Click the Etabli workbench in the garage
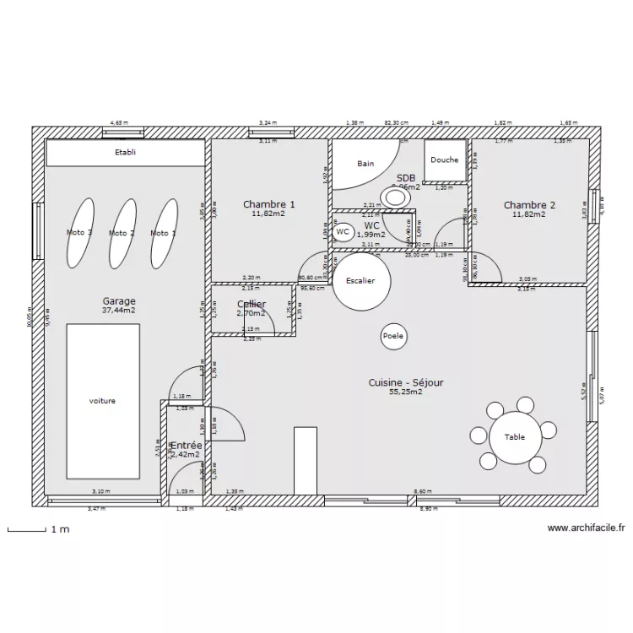125,153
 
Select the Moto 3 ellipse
79,233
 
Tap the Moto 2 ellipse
122,233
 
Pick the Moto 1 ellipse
163,233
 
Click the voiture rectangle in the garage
102,400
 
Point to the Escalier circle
360,282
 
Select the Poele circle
393,336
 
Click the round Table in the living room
515,436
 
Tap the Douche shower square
445,160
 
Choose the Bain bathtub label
365,164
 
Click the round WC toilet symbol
343,231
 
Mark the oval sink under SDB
394,197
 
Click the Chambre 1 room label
269,204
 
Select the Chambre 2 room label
529,205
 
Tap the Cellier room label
252,304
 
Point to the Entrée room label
186,445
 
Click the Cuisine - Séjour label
405,382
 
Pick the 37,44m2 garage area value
119,310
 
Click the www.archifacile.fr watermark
586,528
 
